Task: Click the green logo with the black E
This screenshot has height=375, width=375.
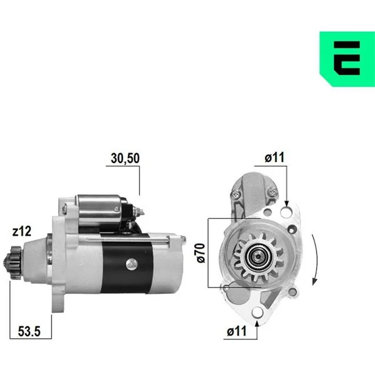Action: pyautogui.click(x=347, y=59)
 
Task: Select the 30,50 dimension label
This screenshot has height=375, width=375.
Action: pyautogui.click(x=125, y=158)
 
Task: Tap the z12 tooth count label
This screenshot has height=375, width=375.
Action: pyautogui.click(x=22, y=231)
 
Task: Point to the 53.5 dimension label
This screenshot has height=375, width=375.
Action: pyautogui.click(x=29, y=331)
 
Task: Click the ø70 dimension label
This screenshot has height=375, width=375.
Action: pyautogui.click(x=201, y=252)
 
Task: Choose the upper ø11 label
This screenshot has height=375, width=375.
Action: pyautogui.click(x=274, y=157)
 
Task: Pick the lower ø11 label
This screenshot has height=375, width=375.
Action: pyautogui.click(x=236, y=331)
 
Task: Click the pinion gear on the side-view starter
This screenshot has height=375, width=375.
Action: pyautogui.click(x=12, y=262)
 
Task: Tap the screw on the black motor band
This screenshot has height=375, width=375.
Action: pyautogui.click(x=131, y=264)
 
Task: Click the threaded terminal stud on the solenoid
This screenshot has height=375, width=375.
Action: pyautogui.click(x=139, y=211)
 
